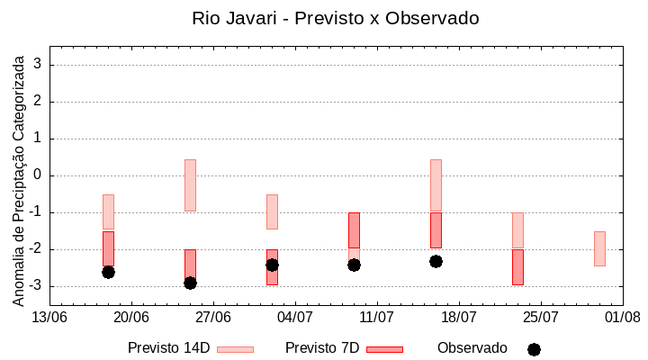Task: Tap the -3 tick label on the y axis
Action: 37,286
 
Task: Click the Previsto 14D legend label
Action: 168,348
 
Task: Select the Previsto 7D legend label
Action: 322,348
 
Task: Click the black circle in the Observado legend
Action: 534,349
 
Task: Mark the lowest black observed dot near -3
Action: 190,283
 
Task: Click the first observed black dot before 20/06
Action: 108,272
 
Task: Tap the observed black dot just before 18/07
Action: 436,261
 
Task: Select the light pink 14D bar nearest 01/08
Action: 599,248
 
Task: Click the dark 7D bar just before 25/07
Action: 517,267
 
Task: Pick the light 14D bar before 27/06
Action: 190,184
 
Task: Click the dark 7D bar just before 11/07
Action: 354,230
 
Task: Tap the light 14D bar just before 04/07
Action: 272,211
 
